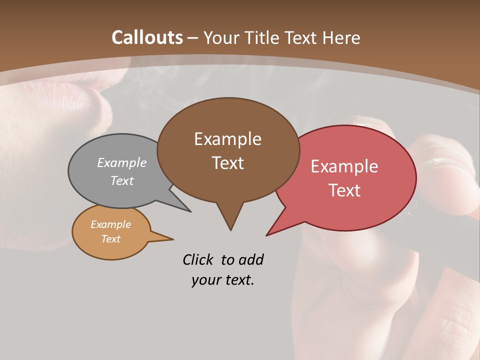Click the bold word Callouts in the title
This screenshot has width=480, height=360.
pos(147,37)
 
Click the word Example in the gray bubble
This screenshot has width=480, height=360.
pos(122,163)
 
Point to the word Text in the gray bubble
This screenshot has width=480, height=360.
pos(122,180)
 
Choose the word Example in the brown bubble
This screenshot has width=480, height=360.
pos(227,139)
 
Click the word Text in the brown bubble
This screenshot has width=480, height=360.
pos(228,163)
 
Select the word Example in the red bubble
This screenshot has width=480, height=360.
pos(344,166)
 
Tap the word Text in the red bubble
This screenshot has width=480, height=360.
pos(344,190)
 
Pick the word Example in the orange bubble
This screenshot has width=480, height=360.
pos(110,224)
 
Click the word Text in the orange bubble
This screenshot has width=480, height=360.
pos(110,239)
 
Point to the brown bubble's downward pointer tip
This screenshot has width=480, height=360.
pos(230,229)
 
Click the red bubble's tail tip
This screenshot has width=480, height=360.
pos(267,235)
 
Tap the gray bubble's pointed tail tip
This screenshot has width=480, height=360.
pos(190,211)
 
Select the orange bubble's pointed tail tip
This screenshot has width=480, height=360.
pos(172,239)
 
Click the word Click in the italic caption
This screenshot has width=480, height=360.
pos(198,259)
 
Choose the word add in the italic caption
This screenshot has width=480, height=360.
pos(251,259)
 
